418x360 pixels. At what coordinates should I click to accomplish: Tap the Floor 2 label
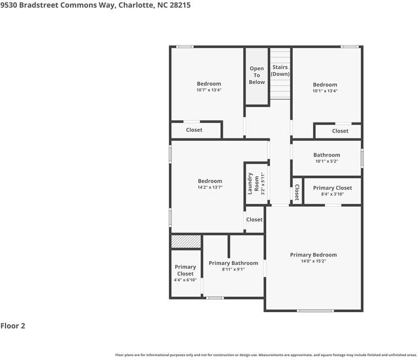pos(13,325)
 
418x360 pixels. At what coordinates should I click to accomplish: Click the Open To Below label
pos(257,75)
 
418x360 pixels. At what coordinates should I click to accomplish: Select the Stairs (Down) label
pos(280,70)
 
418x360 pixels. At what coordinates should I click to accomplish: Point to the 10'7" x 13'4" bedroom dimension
pos(209,90)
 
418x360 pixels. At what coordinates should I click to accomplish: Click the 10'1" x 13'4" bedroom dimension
pos(324,91)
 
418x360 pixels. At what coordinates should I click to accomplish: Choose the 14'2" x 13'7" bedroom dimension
pos(210,187)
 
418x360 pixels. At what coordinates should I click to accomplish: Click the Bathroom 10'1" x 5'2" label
pos(327,158)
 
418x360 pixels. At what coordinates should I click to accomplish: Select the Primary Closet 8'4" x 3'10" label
pos(332,191)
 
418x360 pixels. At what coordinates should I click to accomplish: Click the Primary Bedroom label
pos(313,255)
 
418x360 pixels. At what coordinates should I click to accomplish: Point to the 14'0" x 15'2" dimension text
pos(313,262)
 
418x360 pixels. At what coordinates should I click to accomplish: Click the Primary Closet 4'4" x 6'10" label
pos(185,273)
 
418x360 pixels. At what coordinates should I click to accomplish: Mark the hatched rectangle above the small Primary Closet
pos(185,242)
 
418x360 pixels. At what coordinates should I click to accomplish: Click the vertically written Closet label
pos(296,191)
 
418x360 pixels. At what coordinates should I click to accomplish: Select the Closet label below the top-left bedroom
pos(194,130)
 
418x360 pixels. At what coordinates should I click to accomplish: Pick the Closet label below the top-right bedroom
pos(340,131)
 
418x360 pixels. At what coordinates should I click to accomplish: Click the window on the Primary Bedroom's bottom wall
pos(315,311)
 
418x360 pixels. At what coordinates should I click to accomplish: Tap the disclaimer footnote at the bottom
pos(266,355)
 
